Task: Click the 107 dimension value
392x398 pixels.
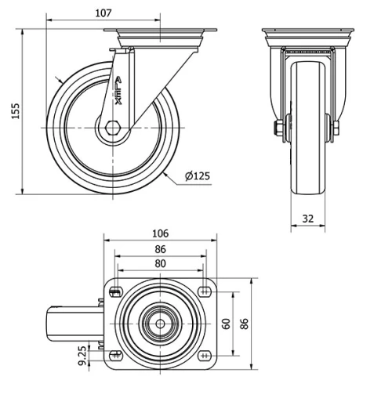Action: [103, 13]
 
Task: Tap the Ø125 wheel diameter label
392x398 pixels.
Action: [197, 176]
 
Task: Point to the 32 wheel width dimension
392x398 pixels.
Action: [307, 219]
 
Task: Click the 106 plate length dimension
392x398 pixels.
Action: [160, 233]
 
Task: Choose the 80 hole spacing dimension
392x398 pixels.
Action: [160, 264]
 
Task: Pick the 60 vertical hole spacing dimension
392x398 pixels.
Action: [226, 323]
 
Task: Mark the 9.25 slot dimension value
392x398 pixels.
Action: [81, 356]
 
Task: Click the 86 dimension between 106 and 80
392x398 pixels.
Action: [160, 249]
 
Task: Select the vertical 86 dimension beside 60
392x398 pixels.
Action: [244, 323]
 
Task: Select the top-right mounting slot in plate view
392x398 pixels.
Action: [205, 293]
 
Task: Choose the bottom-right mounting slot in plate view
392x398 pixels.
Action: [205, 353]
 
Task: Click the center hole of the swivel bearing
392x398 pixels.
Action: [160, 323]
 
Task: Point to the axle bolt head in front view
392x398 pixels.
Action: [278, 128]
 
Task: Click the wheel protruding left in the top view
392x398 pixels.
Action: [72, 323]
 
